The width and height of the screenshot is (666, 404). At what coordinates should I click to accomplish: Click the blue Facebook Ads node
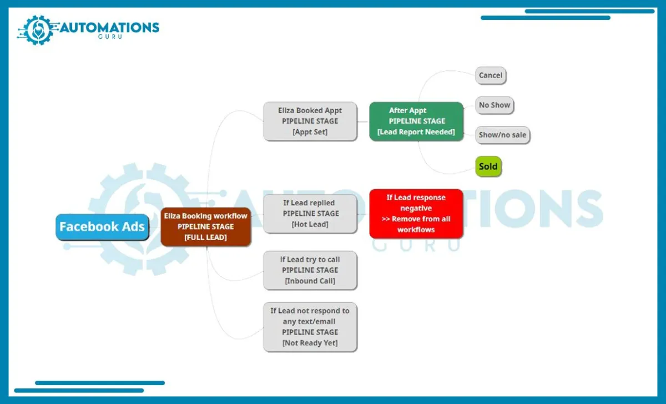(102, 226)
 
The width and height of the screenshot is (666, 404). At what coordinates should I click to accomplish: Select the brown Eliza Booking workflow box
(205, 226)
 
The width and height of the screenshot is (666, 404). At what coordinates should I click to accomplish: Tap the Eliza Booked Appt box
(310, 121)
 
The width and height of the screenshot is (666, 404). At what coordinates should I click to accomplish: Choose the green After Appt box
(416, 121)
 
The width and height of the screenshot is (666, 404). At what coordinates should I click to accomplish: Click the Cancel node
(491, 75)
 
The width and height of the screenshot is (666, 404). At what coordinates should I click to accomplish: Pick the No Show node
(495, 105)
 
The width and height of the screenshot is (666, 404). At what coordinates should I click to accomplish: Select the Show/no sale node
(502, 135)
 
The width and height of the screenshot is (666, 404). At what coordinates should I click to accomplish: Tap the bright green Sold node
(488, 166)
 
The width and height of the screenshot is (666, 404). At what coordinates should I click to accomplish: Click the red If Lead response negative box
(416, 214)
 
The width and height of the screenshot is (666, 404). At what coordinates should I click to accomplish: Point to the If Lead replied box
(310, 214)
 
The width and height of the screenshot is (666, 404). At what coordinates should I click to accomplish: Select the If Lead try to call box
(310, 270)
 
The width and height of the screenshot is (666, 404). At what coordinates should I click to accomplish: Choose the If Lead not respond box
(310, 327)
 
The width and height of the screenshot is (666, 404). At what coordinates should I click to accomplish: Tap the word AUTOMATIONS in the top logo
(109, 28)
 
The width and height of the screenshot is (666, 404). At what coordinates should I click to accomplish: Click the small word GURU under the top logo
(110, 37)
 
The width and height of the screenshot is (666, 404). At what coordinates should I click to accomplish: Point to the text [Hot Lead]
(310, 224)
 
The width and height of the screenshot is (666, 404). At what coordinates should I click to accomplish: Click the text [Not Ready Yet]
(310, 343)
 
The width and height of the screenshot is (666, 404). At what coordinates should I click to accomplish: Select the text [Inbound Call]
(310, 281)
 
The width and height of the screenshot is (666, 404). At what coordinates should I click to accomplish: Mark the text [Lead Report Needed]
(416, 132)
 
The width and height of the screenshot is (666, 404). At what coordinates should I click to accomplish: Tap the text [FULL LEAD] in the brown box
(205, 237)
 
